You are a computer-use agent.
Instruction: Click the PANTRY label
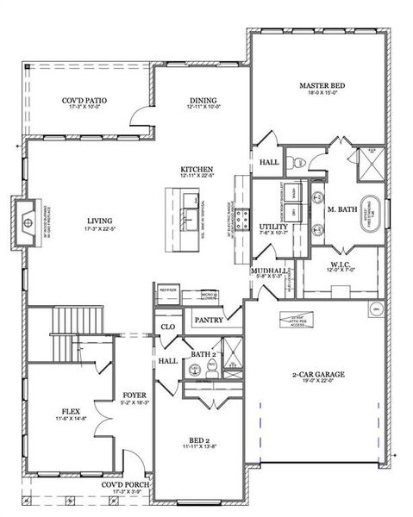click(x=210, y=321)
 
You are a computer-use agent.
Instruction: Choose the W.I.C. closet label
click(x=340, y=264)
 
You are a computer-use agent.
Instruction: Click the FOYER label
click(x=135, y=394)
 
